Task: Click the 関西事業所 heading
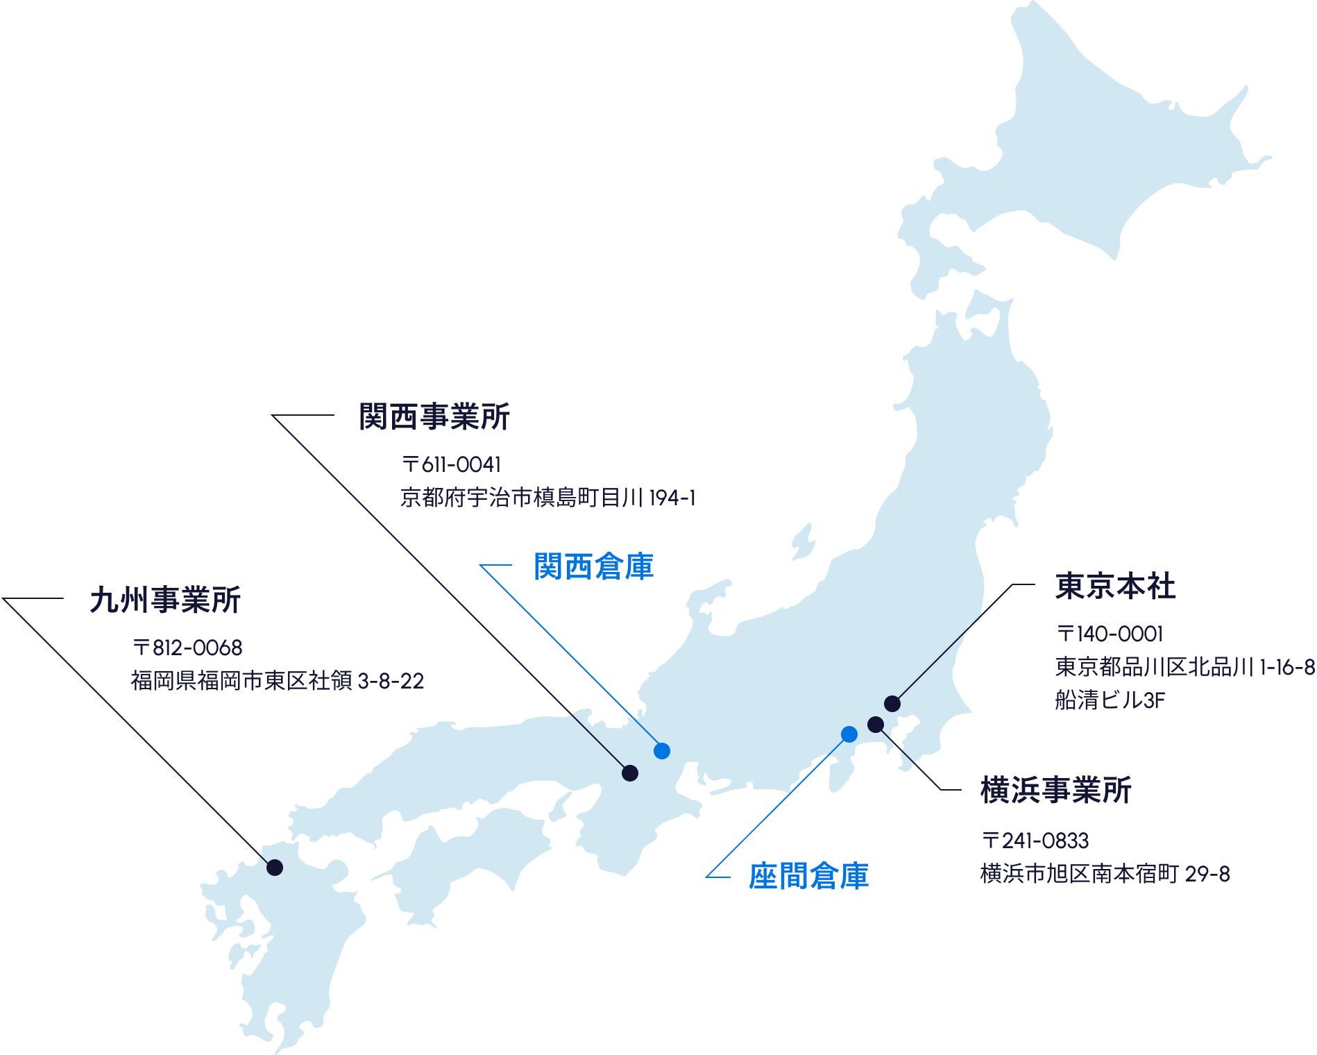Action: (x=434, y=417)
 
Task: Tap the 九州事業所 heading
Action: (x=165, y=600)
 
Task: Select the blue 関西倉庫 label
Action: (x=593, y=566)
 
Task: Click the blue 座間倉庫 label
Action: (x=808, y=876)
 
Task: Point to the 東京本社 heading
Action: (x=1116, y=586)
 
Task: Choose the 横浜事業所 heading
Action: (x=1056, y=791)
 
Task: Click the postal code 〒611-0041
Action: (x=451, y=464)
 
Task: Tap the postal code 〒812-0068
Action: (x=187, y=648)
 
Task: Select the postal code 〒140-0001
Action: (x=1109, y=633)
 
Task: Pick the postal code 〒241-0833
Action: (x=1035, y=841)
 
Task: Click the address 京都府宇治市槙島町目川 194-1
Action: (x=547, y=498)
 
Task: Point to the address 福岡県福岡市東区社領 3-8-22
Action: (x=277, y=681)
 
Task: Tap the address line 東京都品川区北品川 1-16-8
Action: (x=1184, y=667)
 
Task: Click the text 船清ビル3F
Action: (x=1110, y=700)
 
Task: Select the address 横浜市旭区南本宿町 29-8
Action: (x=1105, y=874)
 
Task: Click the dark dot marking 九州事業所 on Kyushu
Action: (x=275, y=867)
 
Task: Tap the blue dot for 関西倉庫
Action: (x=662, y=750)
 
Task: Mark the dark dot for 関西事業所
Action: (x=630, y=773)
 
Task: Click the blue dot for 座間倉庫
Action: (x=849, y=734)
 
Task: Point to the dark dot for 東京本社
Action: (x=892, y=703)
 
